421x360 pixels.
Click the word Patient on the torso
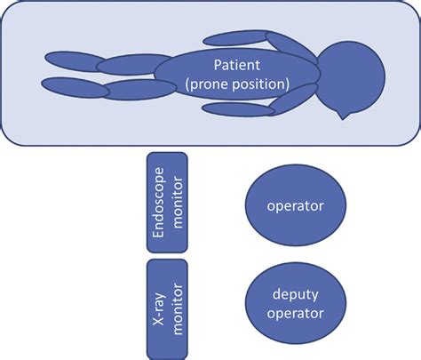[x=237, y=65]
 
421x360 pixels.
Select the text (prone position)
[x=237, y=84]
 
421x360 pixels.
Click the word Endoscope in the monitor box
[x=157, y=202]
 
